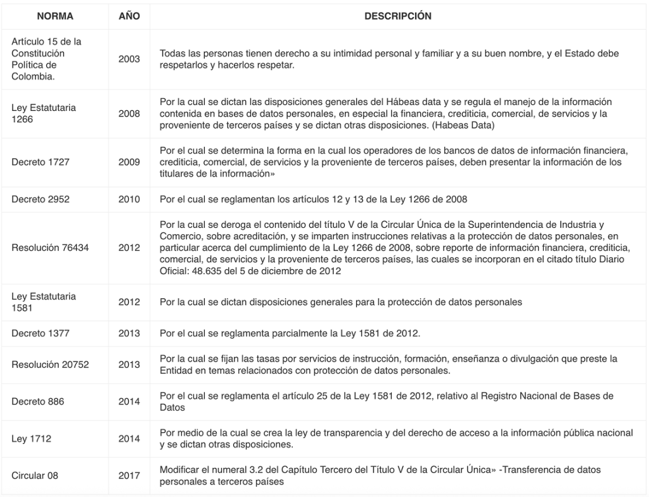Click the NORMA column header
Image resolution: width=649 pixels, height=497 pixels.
pyautogui.click(x=55, y=16)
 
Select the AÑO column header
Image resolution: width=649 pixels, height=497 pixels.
pyautogui.click(x=129, y=16)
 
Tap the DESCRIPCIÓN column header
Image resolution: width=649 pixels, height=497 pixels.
pyautogui.click(x=398, y=16)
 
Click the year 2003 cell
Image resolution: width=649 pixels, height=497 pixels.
pyautogui.click(x=129, y=59)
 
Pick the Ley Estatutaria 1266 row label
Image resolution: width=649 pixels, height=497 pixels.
pyautogui.click(x=44, y=113)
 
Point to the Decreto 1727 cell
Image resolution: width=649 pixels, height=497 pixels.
pyautogui.click(x=41, y=162)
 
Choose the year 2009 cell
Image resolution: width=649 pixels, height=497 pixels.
pyautogui.click(x=129, y=162)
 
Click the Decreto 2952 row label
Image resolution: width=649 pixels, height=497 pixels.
pyautogui.click(x=41, y=199)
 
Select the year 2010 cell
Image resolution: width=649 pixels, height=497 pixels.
pyautogui.click(x=129, y=199)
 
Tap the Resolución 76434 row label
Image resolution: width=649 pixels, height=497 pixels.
pyautogui.click(x=50, y=248)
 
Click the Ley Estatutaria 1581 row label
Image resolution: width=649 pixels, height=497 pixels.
pyautogui.click(x=44, y=302)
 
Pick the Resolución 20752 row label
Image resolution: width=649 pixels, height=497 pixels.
pyautogui.click(x=50, y=365)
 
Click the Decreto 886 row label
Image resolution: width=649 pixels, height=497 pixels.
pyautogui.click(x=38, y=401)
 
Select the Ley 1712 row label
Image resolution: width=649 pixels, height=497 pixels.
pyautogui.click(x=31, y=438)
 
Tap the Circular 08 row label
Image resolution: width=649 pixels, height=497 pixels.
pyautogui.click(x=35, y=475)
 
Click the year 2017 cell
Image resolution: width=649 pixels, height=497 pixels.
pyautogui.click(x=129, y=475)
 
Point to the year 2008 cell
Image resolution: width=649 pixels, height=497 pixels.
pyautogui.click(x=129, y=113)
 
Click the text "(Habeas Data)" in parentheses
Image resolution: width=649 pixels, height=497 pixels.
pyautogui.click(x=466, y=125)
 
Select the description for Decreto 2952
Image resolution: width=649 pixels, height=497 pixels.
pyautogui.click(x=314, y=199)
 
